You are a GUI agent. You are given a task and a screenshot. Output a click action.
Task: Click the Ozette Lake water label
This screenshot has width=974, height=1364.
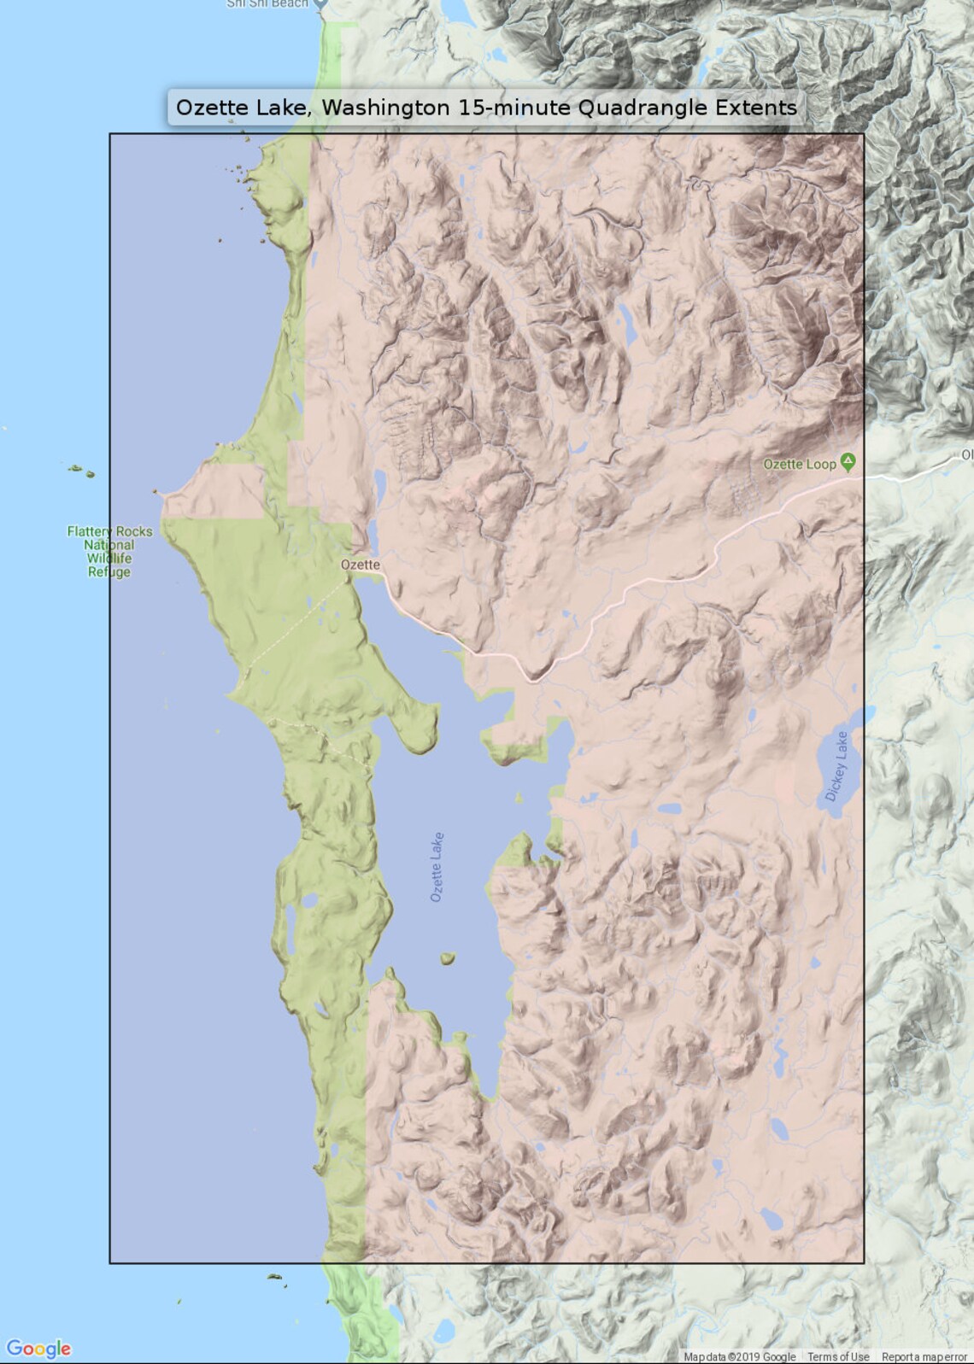point(437,867)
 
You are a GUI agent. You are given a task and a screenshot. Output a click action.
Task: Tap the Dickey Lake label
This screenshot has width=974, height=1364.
point(836,766)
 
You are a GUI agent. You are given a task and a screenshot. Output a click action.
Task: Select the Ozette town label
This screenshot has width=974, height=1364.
point(360,565)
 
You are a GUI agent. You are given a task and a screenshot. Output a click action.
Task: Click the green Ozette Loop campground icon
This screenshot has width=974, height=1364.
point(848,462)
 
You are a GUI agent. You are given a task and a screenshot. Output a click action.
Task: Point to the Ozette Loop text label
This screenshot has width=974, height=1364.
point(799,464)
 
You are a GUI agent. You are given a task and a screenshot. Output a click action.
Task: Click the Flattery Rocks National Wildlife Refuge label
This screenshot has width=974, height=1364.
point(109,551)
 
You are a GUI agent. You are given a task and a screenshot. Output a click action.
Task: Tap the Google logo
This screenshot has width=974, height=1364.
point(38,1349)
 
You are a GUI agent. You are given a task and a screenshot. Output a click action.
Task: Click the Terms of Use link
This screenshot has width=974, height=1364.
point(837,1356)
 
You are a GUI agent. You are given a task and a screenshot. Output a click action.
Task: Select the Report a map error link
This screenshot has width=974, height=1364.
point(924,1356)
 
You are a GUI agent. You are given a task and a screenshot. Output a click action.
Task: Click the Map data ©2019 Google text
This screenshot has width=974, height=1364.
point(739,1356)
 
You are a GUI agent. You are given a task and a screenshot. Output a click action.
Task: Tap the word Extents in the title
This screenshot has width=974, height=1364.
point(755,108)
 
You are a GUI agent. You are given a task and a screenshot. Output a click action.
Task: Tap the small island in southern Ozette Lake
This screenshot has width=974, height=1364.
point(447,959)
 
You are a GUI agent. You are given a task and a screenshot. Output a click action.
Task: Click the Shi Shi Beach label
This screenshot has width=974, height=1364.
point(267,3)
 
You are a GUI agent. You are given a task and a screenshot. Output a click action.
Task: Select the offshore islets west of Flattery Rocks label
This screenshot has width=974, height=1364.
point(82,470)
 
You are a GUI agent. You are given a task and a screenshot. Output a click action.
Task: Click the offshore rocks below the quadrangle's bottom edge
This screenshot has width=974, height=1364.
point(276,1279)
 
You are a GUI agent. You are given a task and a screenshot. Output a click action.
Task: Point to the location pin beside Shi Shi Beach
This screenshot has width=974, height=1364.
point(320,3)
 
